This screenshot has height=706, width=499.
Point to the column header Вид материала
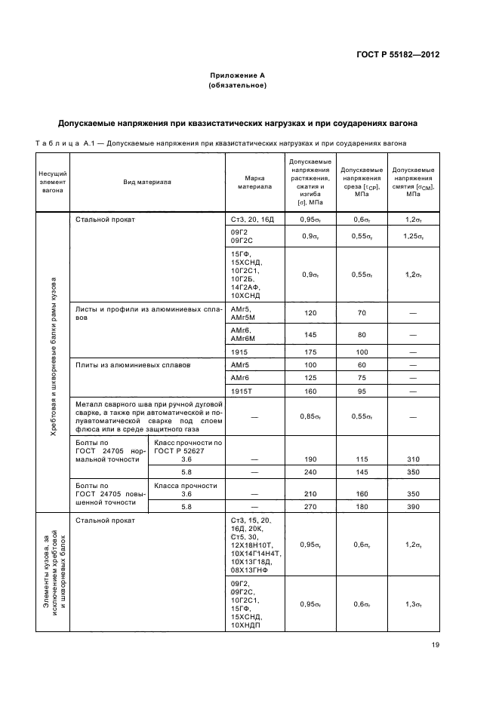point(148,182)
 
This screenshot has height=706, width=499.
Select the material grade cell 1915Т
point(241,391)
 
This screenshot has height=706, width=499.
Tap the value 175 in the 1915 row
point(308,352)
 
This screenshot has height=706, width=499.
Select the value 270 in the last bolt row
point(308,508)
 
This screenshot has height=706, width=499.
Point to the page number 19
point(436,644)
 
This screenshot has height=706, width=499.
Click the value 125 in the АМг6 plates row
point(308,378)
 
